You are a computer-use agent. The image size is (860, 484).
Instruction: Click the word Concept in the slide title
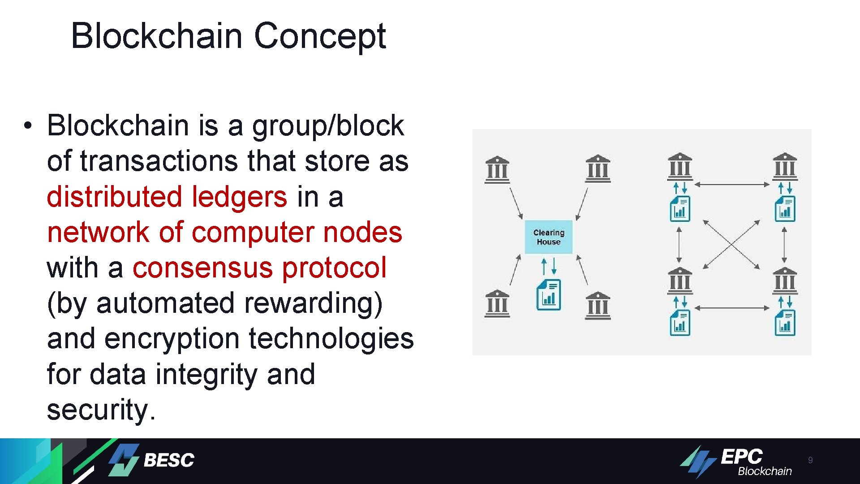point(320,36)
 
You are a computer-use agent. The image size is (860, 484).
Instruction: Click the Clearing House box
point(549,237)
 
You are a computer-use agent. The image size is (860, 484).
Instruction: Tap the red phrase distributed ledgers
point(167,197)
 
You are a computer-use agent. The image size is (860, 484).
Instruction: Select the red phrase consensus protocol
point(259,268)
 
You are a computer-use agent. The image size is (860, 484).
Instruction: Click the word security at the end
point(98,409)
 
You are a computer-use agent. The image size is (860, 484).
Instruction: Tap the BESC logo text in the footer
point(169,460)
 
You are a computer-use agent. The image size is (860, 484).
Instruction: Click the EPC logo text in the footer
point(741,457)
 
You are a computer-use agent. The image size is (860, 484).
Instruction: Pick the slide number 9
point(810,460)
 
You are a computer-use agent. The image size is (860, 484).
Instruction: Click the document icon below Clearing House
point(549,295)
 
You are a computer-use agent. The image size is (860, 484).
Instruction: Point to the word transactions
point(160,161)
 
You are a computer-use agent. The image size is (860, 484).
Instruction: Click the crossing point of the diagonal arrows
point(731,245)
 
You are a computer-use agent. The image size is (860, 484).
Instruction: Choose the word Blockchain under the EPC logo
point(765,471)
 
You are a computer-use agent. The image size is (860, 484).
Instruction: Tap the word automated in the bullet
point(165,303)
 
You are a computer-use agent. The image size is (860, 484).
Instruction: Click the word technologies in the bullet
point(331,338)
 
